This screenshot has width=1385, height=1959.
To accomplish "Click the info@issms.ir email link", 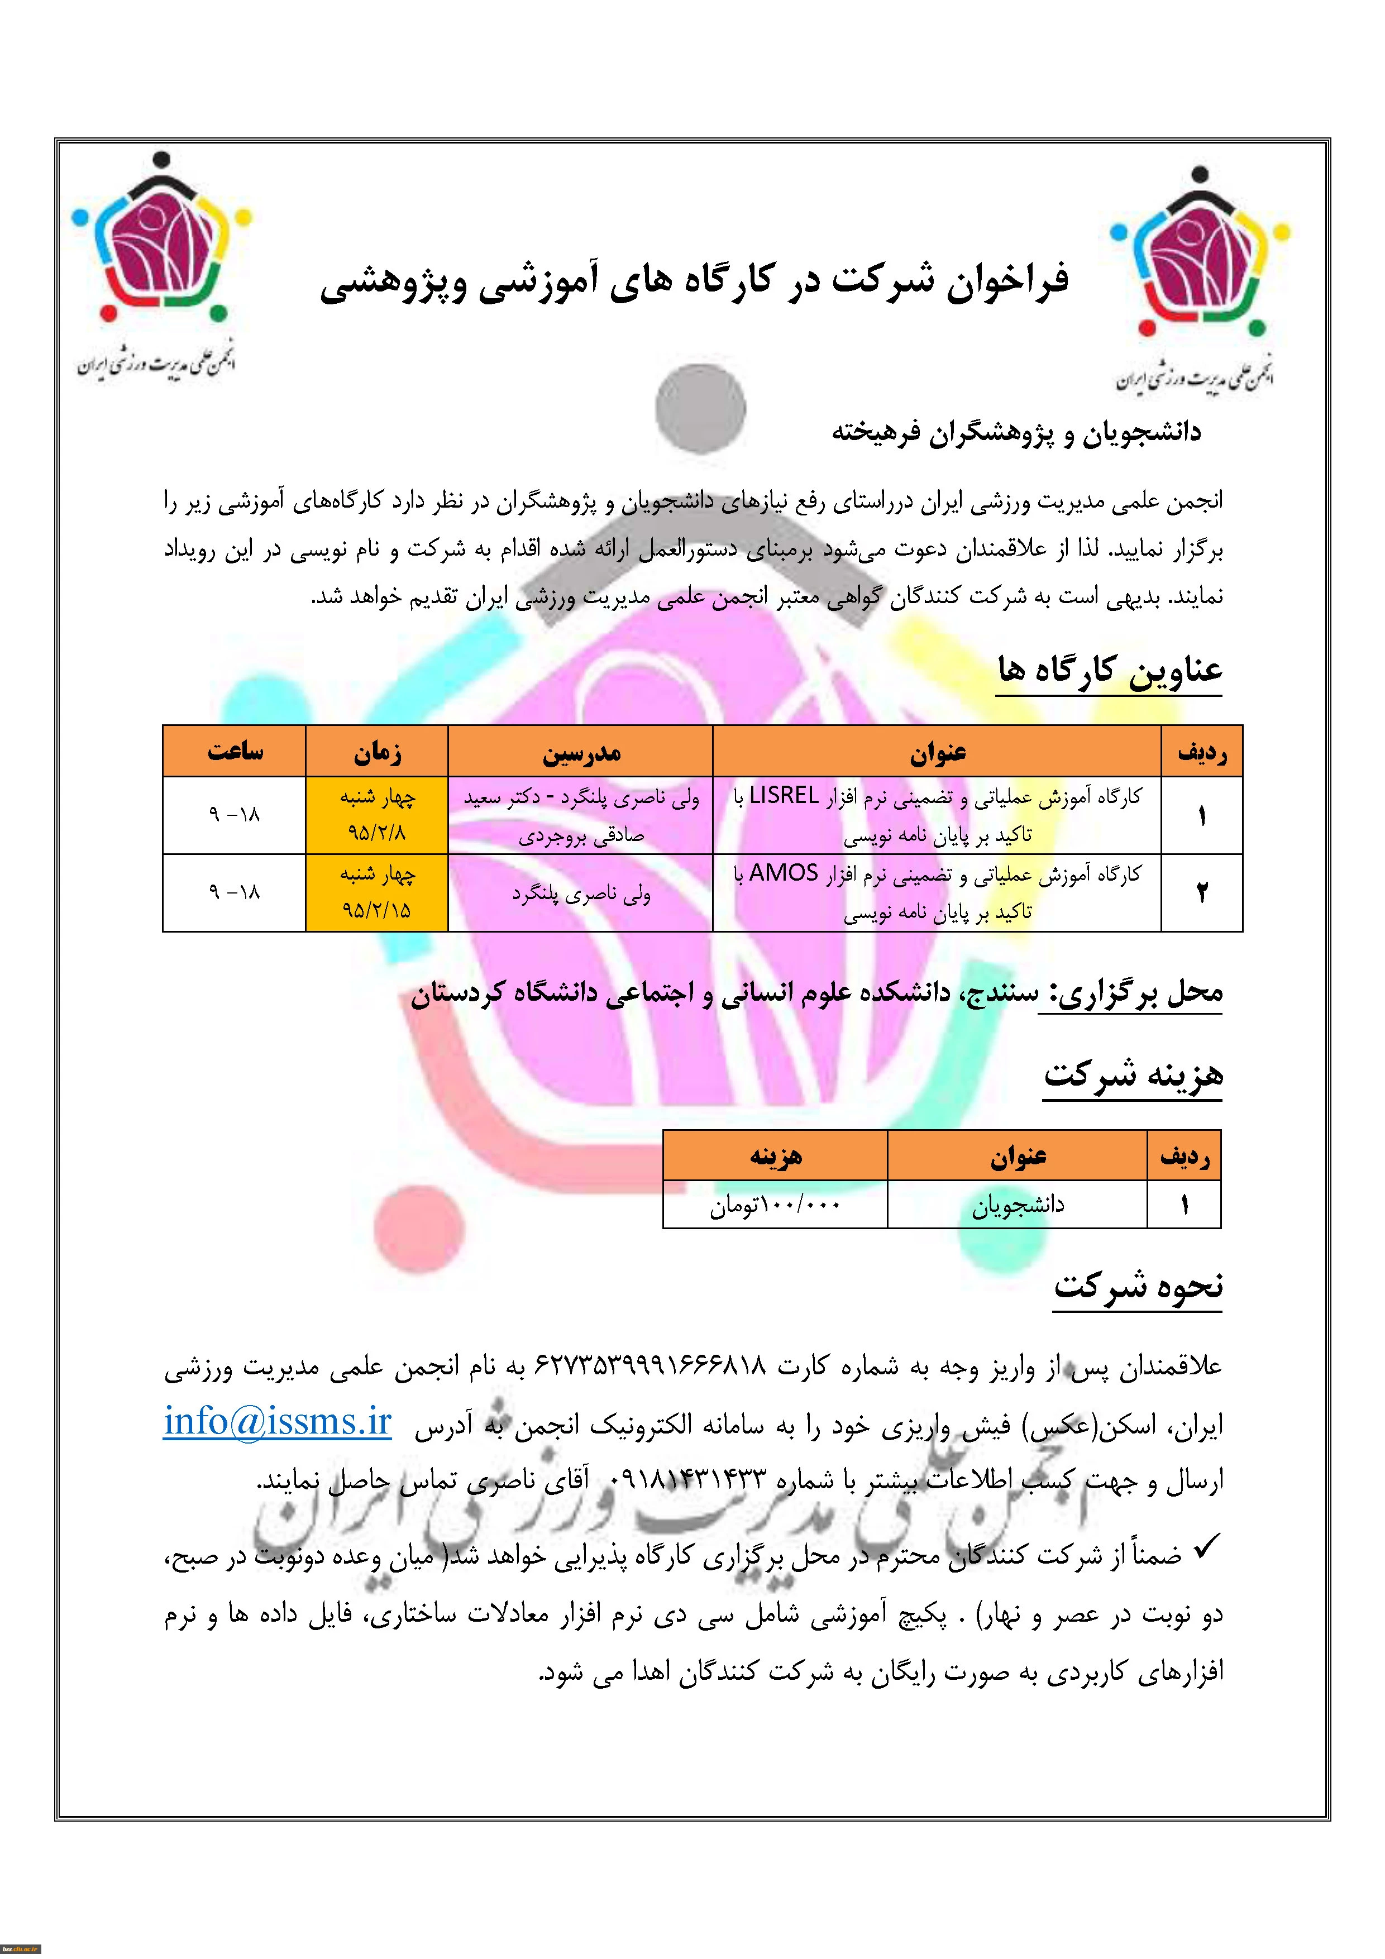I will pyautogui.click(x=278, y=1422).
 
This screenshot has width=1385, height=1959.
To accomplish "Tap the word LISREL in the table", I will pyautogui.click(x=784, y=796).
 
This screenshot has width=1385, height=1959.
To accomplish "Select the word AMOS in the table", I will pyautogui.click(x=784, y=874).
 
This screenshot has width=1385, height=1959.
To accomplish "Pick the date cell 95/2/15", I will pyautogui.click(x=376, y=910).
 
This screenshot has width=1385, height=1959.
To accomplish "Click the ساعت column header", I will pyautogui.click(x=235, y=752).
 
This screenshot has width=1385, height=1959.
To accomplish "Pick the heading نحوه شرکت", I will pyautogui.click(x=1138, y=1286).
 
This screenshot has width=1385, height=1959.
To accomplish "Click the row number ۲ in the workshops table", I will pyautogui.click(x=1201, y=892).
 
